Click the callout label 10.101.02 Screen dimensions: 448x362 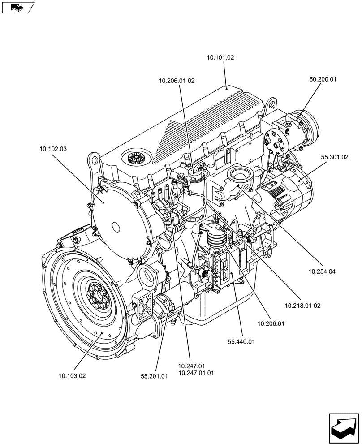[220, 58]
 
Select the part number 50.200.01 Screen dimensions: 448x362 [323, 79]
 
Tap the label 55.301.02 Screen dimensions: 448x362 [334, 157]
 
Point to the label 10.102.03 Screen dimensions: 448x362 [53, 149]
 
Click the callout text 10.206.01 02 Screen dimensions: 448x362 [176, 81]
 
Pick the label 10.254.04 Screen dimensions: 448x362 [322, 271]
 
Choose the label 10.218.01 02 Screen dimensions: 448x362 [302, 306]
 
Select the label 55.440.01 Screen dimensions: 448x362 [241, 342]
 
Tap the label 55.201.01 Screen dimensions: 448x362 [154, 376]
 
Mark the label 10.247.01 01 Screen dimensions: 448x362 [196, 373]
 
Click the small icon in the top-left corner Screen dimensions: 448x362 [17, 7]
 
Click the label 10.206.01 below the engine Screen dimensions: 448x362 [271, 323]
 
